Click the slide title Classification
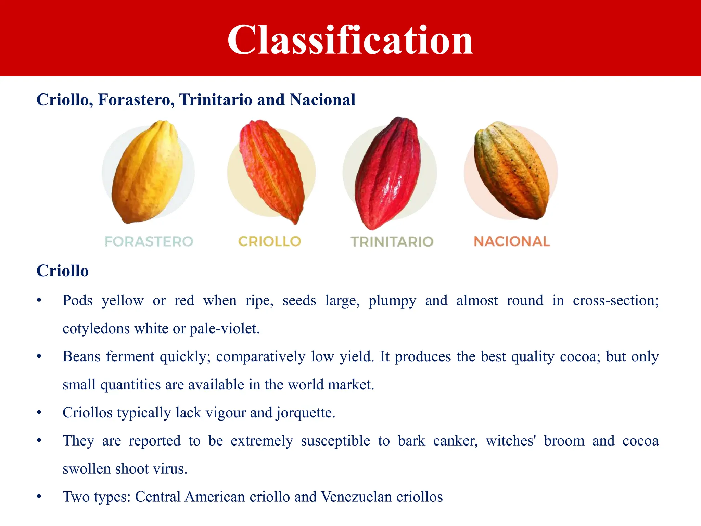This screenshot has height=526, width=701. (350, 40)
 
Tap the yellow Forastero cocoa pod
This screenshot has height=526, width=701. (147, 171)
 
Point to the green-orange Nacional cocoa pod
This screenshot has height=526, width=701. (512, 170)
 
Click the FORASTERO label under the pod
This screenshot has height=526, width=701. (149, 241)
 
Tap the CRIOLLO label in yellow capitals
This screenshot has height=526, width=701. (269, 241)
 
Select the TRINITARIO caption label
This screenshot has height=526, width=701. (392, 242)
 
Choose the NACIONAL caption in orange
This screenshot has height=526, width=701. (512, 241)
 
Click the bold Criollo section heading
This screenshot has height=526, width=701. (62, 271)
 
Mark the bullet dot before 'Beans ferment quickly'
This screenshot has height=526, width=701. (39, 357)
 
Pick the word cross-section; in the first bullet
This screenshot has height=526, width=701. (615, 301)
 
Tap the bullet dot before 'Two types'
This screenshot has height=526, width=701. (39, 497)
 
